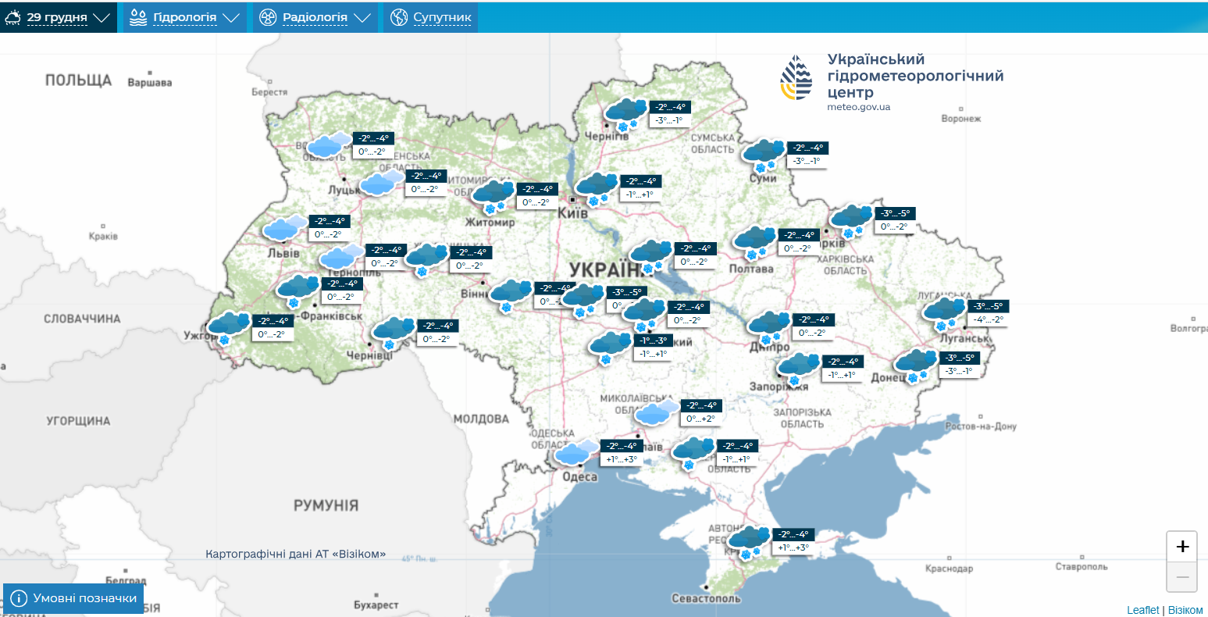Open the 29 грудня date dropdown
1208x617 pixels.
pyautogui.click(x=58, y=17)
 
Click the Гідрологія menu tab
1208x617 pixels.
pyautogui.click(x=184, y=17)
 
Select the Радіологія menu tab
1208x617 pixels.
pyautogui.click(x=315, y=17)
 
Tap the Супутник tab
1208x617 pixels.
pyautogui.click(x=431, y=17)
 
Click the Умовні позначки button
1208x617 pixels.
pyautogui.click(x=74, y=598)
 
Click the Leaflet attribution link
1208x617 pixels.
pyautogui.click(x=1142, y=610)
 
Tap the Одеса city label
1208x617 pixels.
pyautogui.click(x=580, y=477)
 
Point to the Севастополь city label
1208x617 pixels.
pyautogui.click(x=706, y=598)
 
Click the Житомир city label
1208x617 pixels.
pyautogui.click(x=490, y=223)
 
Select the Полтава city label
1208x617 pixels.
pyautogui.click(x=751, y=269)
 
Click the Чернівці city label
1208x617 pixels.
pyautogui.click(x=370, y=356)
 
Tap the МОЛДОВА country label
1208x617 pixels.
pyautogui.click(x=481, y=419)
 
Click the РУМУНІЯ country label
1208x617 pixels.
pyautogui.click(x=326, y=505)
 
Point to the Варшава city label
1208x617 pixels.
pyautogui.click(x=149, y=82)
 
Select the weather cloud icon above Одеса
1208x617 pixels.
pyautogui.click(x=576, y=452)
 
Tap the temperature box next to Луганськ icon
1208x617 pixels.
pyautogui.click(x=986, y=312)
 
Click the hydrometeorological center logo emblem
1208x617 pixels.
pyautogui.click(x=796, y=78)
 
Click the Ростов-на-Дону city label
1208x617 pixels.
pyautogui.click(x=981, y=426)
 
